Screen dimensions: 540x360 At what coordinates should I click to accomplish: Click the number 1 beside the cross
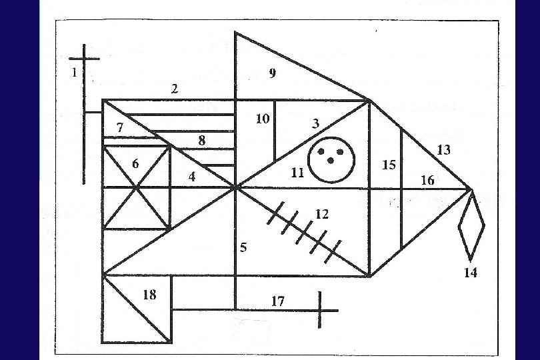pos(75,73)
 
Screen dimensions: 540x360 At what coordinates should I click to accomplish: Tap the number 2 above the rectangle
pos(175,88)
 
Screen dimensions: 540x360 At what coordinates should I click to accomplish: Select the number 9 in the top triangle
pos(272,73)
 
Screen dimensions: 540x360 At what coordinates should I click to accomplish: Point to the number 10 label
pos(263,119)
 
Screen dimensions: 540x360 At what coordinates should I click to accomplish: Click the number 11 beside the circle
pos(297,173)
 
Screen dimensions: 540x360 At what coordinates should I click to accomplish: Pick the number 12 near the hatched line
pos(322,214)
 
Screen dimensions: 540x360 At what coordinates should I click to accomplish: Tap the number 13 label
pos(443,150)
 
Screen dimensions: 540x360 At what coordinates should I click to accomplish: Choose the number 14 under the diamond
pos(471,273)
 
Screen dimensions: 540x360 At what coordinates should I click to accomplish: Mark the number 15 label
pos(389,165)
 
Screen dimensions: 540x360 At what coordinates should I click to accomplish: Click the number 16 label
pos(427,181)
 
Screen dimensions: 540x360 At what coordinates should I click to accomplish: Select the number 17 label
pos(278,301)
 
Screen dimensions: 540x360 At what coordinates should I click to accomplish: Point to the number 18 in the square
pos(150,294)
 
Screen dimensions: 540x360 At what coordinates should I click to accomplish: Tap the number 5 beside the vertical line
pos(243,247)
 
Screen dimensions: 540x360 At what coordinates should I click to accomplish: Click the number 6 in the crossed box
pos(135,164)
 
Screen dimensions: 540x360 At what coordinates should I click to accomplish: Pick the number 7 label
pos(120,127)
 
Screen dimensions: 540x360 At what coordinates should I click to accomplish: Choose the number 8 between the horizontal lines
pos(201,141)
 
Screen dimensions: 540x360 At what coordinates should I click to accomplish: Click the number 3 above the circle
pos(315,123)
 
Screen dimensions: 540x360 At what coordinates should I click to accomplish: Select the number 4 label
pos(192,177)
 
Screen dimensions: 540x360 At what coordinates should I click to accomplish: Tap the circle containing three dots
pos(331,159)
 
